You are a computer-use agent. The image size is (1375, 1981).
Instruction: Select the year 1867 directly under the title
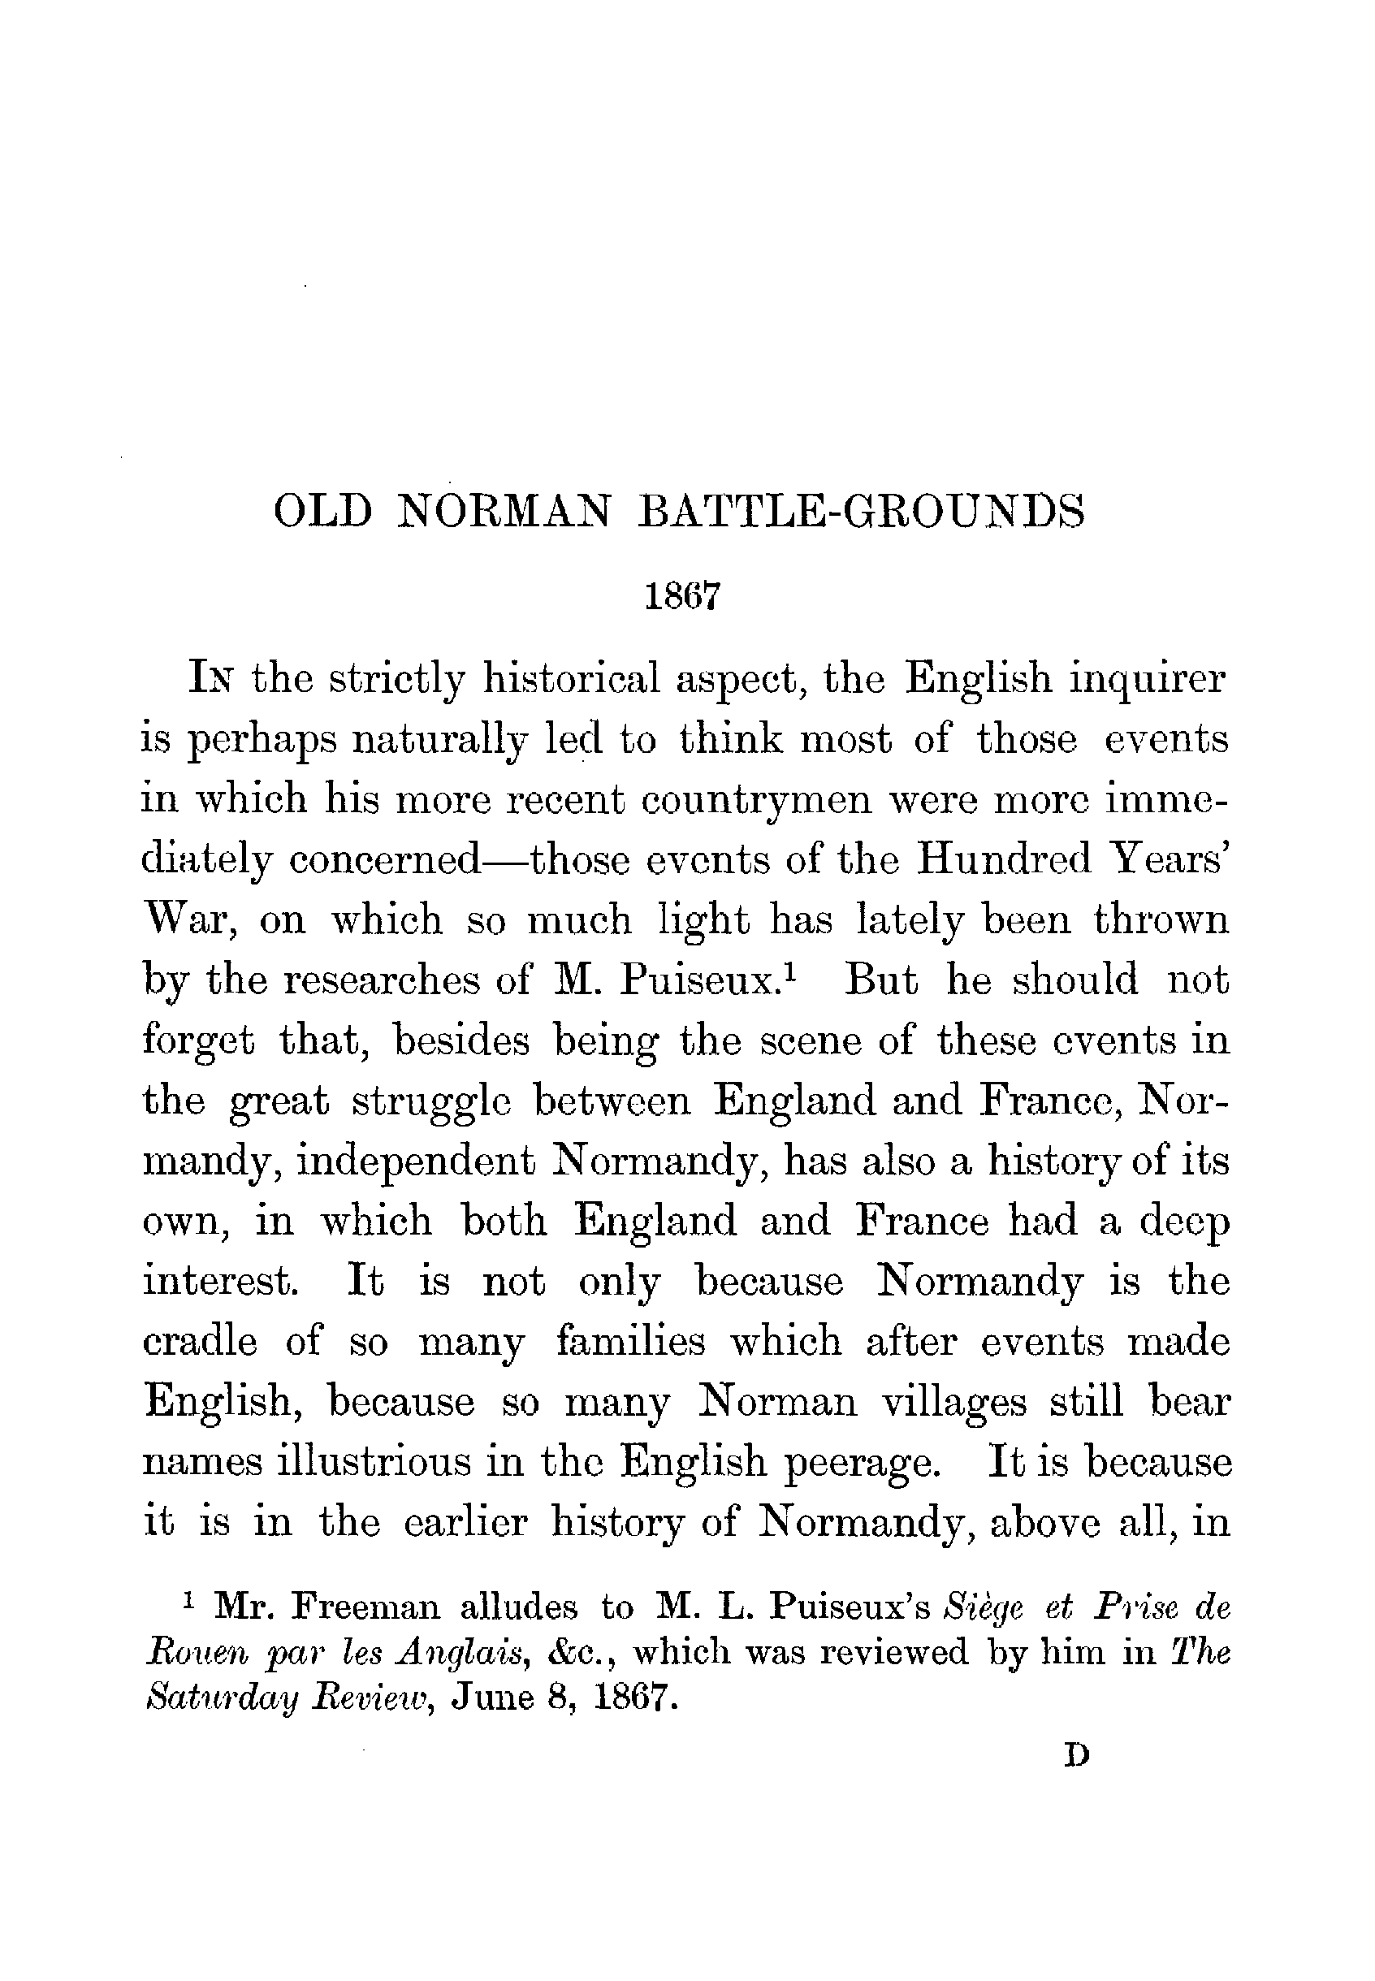tap(681, 596)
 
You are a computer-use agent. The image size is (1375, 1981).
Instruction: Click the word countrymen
tap(757, 802)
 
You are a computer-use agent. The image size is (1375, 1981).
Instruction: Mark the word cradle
tap(199, 1343)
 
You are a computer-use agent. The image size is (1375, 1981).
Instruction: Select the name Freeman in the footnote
tap(366, 1607)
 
